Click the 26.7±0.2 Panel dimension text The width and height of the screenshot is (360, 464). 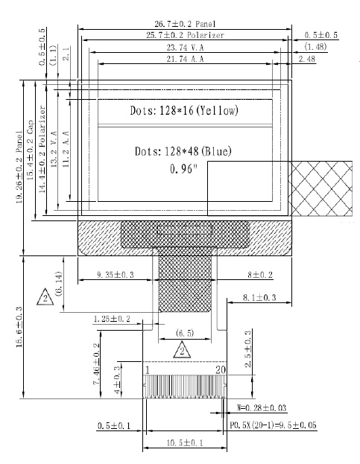coord(185,24)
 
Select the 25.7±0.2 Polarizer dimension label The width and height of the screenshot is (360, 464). coord(185,35)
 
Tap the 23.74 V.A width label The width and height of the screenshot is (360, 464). coord(185,48)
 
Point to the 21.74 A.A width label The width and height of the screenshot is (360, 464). coord(185,59)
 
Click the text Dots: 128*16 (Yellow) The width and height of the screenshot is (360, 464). coord(184,111)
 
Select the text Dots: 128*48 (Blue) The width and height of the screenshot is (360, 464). coord(183,151)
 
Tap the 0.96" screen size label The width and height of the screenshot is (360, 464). coord(183,169)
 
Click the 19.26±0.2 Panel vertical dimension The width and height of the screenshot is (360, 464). coord(19,167)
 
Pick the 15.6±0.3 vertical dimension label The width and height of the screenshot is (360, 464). coord(19,327)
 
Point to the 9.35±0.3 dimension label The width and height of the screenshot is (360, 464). coord(116,275)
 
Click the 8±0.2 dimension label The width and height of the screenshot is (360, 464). coord(260,275)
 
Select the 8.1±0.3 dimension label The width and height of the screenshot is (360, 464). coord(259,297)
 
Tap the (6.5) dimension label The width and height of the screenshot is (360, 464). coord(185,333)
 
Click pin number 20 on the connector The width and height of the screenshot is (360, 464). coord(221,370)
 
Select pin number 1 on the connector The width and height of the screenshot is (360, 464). coord(147,370)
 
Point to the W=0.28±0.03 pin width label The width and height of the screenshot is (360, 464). coord(262,408)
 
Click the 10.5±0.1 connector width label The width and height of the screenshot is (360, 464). coord(185,443)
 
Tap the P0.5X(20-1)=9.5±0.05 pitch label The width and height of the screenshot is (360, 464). coord(273,425)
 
